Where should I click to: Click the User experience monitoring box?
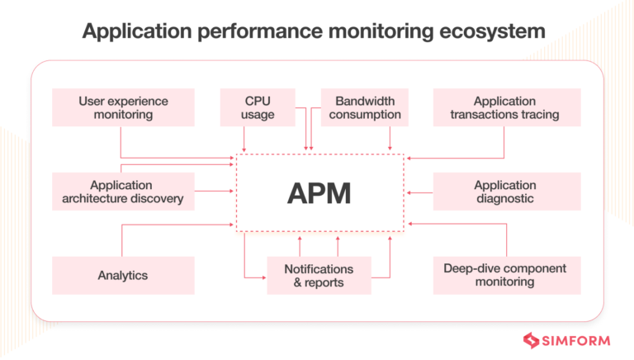123,108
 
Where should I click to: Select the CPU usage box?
258,108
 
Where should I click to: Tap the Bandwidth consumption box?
365,108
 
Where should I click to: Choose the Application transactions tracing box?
504,108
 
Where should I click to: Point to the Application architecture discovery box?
123,192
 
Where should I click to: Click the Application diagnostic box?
504,192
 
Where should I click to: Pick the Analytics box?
123,275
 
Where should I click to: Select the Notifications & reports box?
319,275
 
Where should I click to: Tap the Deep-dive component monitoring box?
504,275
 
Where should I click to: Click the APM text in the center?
319,192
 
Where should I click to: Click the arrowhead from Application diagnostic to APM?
409,192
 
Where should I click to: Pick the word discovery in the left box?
161,199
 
